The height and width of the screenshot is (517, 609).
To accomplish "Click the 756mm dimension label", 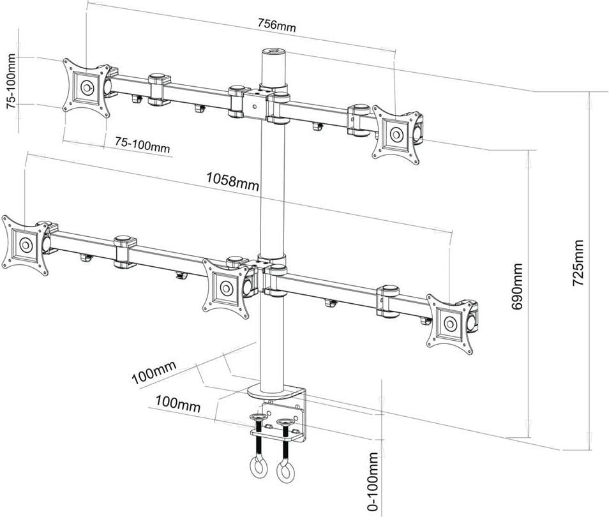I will (x=276, y=26).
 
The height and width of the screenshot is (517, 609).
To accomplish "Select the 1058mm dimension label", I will (x=232, y=183).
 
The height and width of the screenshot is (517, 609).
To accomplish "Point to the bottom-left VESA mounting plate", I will (x=26, y=244).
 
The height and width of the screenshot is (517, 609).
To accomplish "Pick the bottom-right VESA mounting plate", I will (x=451, y=322).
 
